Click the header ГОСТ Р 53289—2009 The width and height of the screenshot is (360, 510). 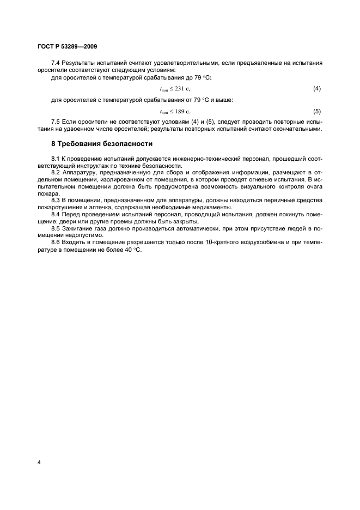(x=68, y=46)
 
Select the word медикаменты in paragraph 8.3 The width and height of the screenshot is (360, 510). (x=210, y=207)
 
